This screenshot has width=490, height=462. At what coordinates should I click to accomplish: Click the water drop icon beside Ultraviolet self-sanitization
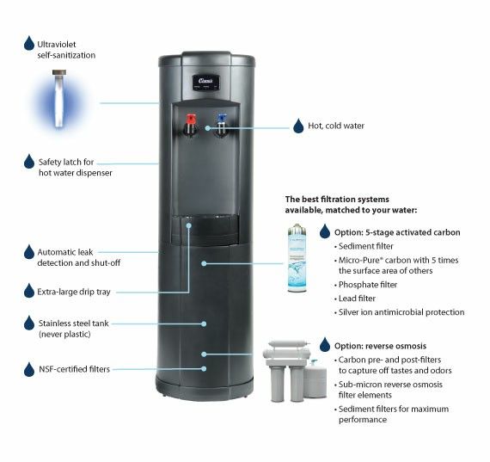pos(29,43)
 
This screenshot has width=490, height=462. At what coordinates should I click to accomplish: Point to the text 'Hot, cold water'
pos(335,126)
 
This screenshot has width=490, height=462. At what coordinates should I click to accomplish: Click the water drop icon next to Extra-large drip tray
pos(29,291)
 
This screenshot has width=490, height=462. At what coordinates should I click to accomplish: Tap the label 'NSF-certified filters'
pos(74,369)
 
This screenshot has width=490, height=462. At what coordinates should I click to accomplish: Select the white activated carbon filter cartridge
pos(298,260)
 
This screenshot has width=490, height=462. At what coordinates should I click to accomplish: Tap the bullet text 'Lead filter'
pos(358,299)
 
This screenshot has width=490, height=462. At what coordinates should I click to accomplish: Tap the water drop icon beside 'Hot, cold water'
pos(298,126)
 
